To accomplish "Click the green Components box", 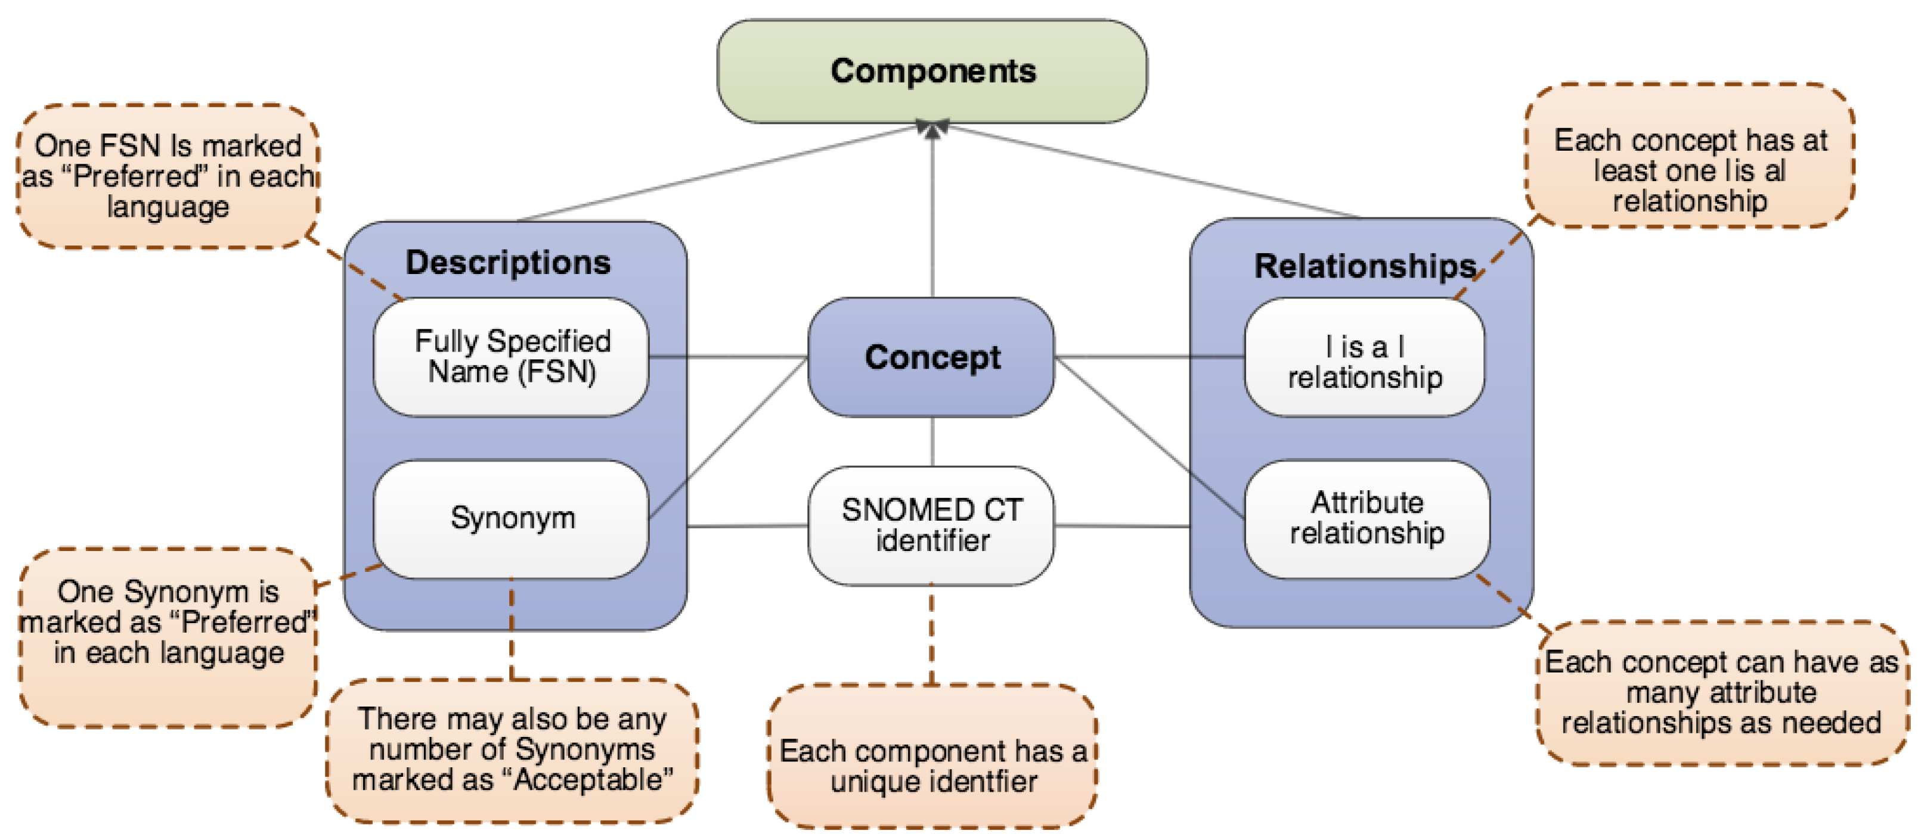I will [932, 71].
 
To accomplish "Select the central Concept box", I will [932, 357].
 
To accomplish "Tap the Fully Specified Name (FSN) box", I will [512, 357].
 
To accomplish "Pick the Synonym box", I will [512, 518].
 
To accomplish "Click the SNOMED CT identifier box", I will [932, 525].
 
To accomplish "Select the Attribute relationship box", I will [1367, 518].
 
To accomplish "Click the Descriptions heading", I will [508, 262].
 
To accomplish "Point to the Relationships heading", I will [1365, 266].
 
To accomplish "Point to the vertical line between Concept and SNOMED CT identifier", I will [932, 441].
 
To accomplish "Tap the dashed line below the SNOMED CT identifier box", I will [932, 633].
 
